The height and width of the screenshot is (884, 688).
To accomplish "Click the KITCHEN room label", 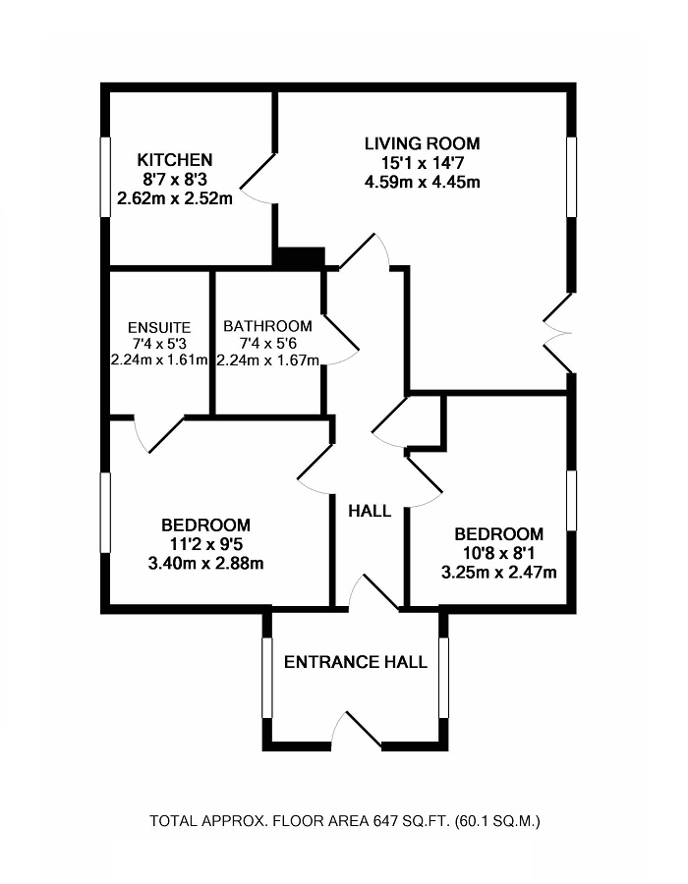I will pos(174,160).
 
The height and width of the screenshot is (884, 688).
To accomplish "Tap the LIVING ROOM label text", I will pos(423,143).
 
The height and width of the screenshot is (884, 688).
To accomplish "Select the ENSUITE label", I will pos(158,327).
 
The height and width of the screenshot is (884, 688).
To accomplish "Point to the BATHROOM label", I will pos(267,326).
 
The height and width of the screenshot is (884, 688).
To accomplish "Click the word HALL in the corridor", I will pos(370,511).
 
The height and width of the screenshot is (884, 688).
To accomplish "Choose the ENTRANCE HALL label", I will pos(356,662).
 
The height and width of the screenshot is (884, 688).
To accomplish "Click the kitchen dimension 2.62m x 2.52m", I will pos(174,198).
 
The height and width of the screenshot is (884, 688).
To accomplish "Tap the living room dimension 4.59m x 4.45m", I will pos(423,182).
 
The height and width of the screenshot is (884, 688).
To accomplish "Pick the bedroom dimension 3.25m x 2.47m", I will pos(498,572).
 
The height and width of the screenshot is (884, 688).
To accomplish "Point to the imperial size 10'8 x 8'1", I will pos(498,553).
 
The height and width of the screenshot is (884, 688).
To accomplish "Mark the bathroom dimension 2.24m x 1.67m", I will pos(268,359).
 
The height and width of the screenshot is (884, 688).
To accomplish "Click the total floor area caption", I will pos(344,820).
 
